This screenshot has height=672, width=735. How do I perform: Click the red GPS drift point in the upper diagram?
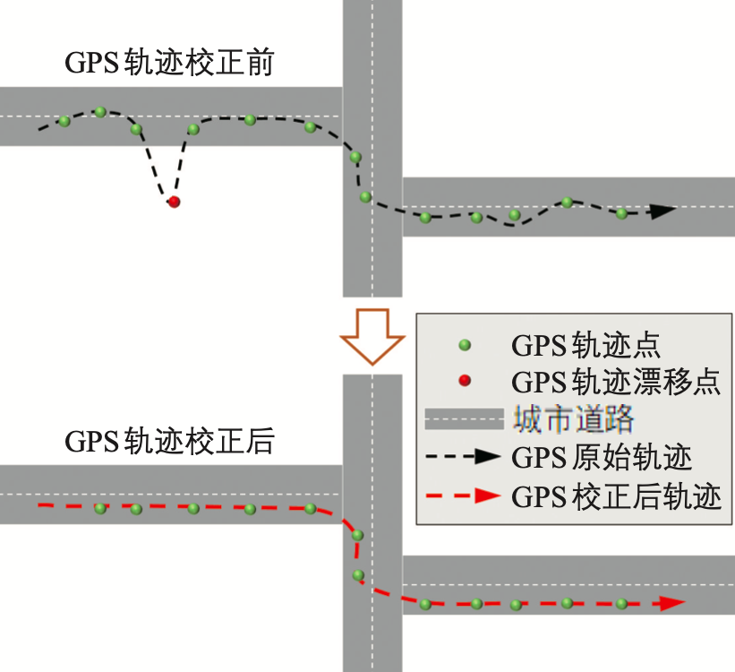coord(174,202)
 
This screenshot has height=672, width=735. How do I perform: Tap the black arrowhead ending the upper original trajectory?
coord(662,212)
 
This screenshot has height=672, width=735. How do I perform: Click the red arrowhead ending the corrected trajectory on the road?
coord(670,604)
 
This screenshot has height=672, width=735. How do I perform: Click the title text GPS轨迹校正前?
coord(169,65)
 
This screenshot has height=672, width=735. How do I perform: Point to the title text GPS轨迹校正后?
coord(169,443)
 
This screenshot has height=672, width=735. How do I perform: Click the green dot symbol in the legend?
coord(464,345)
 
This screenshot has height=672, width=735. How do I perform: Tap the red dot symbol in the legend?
coord(464,383)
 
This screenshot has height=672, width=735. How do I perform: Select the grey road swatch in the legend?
coord(463,419)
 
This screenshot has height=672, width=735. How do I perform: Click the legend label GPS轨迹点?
coord(585,345)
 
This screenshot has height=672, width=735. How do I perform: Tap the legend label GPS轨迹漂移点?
coord(616,383)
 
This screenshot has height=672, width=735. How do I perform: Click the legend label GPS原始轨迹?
coord(602,457)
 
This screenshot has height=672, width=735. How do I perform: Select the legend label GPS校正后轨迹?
coord(616,495)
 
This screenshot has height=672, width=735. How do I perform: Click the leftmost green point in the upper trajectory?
coord(64,121)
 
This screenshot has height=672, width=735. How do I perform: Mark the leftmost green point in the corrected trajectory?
coord(100,508)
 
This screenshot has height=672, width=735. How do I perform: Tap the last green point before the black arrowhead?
coord(621,212)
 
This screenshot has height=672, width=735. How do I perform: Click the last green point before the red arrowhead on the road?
coord(621,603)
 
